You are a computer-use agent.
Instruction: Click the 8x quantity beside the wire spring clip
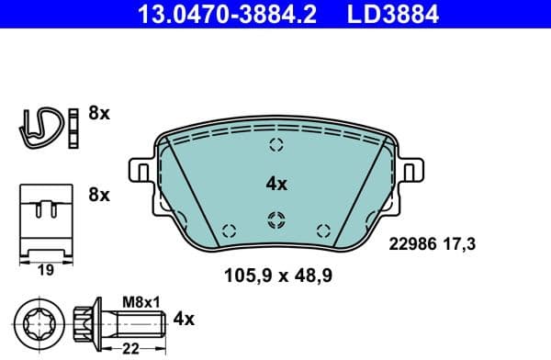(x=98, y=115)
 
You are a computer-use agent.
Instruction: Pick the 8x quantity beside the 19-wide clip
(x=98, y=195)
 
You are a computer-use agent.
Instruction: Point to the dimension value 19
(x=44, y=271)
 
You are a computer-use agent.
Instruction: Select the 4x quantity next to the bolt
(x=185, y=320)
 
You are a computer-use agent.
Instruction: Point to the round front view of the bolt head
(x=39, y=321)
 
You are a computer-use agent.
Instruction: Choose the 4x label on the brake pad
(x=276, y=184)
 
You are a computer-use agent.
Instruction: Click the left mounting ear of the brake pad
(x=139, y=170)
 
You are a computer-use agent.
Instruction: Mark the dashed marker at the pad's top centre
(x=276, y=144)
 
